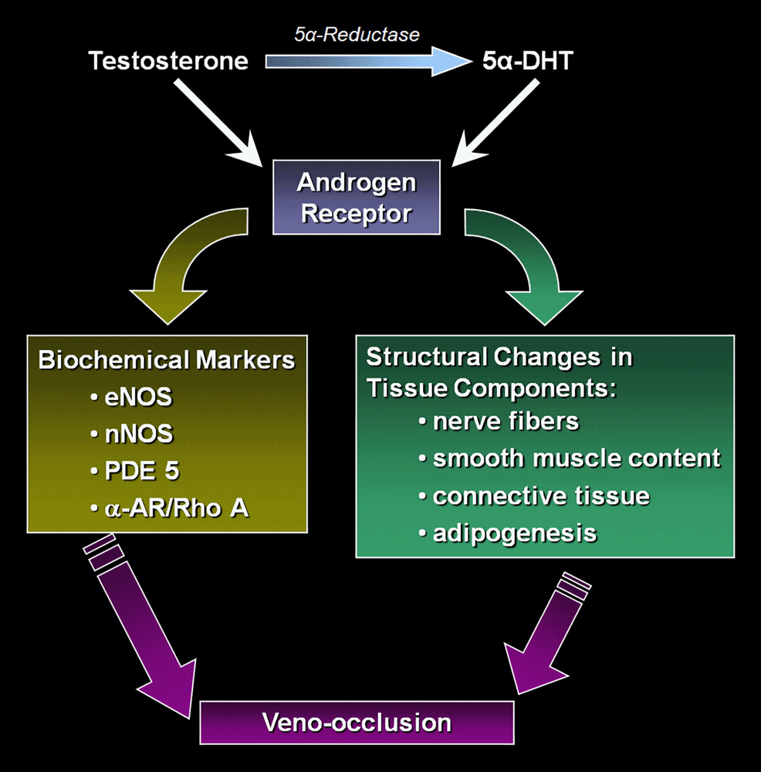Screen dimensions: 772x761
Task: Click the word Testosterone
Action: click(168, 61)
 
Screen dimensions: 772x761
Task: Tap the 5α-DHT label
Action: click(523, 61)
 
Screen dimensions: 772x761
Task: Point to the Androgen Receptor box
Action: click(357, 197)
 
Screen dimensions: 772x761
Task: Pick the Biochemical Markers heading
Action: click(167, 361)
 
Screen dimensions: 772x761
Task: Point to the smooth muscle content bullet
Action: click(576, 459)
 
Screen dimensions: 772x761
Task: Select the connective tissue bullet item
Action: click(540, 496)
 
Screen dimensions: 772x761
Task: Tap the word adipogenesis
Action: click(514, 533)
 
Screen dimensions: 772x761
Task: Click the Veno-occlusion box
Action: click(357, 722)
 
